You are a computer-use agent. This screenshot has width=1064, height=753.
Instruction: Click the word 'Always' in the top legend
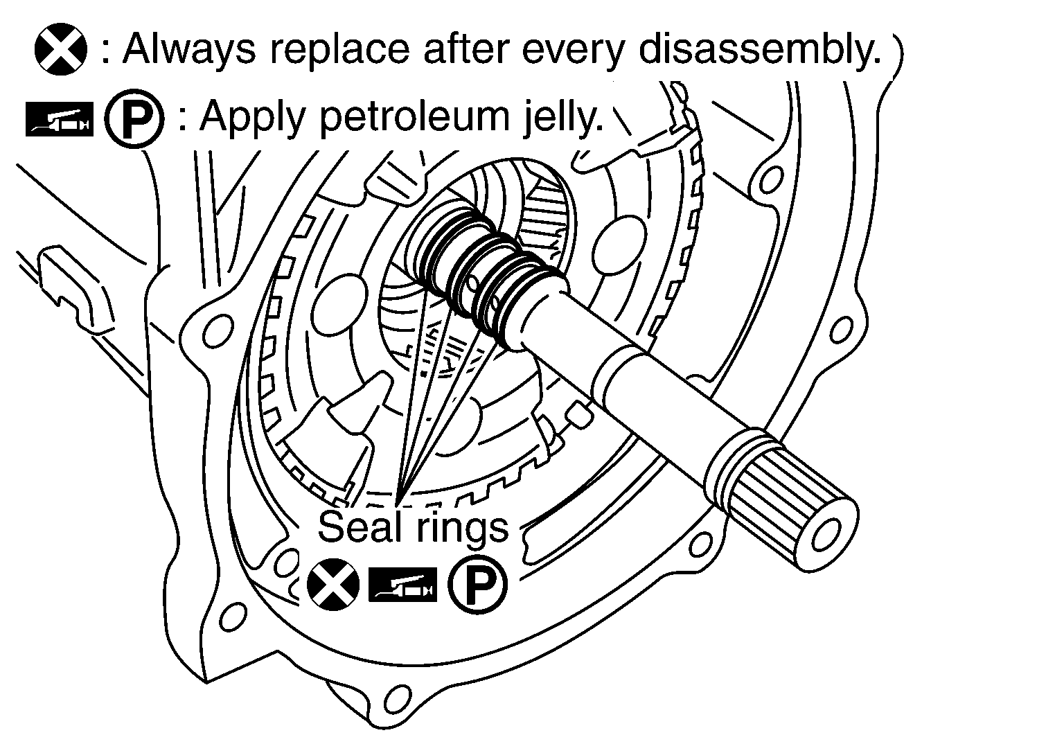(189, 50)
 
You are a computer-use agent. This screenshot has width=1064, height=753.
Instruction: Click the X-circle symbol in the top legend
(61, 49)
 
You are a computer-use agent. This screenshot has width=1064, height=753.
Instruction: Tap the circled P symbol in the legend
(134, 118)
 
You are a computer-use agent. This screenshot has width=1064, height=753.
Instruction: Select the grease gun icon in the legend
(60, 119)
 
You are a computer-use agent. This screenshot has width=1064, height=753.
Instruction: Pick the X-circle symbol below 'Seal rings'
(333, 585)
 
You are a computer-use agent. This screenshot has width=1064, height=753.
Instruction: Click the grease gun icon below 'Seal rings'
(402, 585)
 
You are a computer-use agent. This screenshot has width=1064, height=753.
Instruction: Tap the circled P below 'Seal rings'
(478, 585)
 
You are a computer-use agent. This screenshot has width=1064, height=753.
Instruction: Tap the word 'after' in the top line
(465, 50)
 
